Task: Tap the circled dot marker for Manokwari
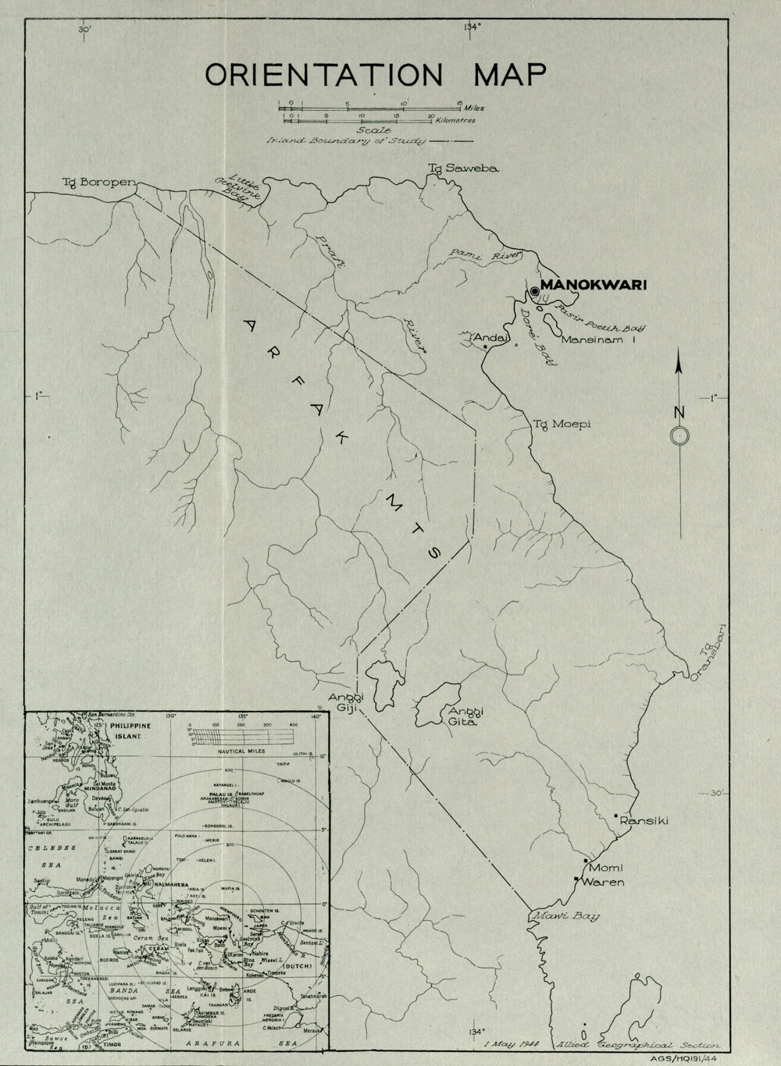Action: coord(534,291)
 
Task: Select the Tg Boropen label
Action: coord(99,183)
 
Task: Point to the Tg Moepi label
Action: coord(562,424)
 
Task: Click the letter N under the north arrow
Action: coord(679,412)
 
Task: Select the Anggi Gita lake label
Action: coord(463,716)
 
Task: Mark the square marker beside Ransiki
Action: coord(616,816)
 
